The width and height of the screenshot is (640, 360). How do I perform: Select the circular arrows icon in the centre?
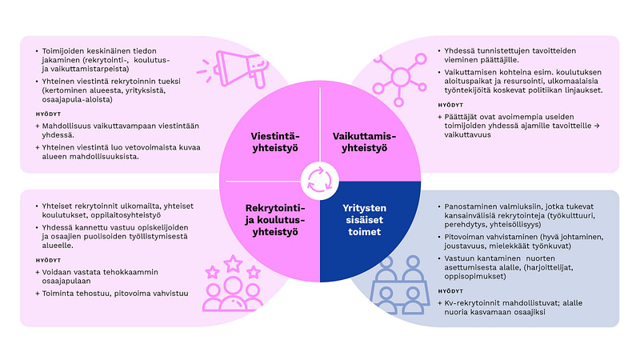tap(320, 179)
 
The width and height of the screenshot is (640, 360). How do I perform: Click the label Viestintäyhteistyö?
tap(270, 141)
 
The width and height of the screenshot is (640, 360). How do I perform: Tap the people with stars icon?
tap(233, 285)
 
